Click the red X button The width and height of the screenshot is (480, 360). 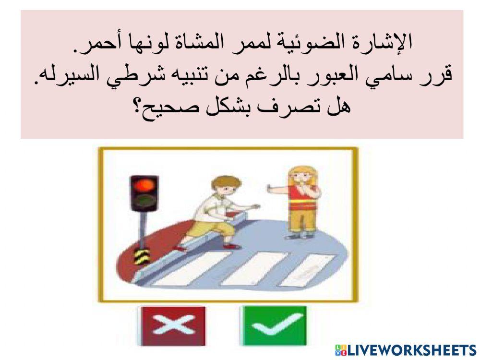(x=171, y=326)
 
